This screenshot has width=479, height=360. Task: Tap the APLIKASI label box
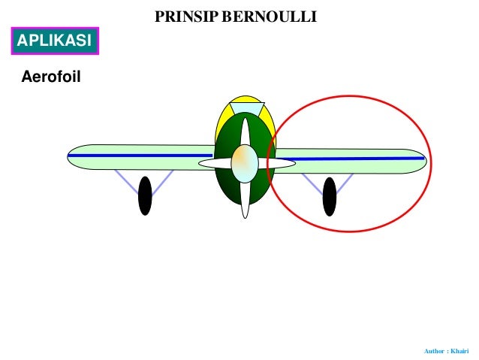[54, 41]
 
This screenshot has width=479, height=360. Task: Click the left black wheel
[145, 195]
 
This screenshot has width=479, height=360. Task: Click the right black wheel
[329, 196]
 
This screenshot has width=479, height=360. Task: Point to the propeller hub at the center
[245, 163]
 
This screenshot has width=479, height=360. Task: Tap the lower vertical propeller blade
[245, 200]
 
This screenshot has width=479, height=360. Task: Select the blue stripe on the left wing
[135, 156]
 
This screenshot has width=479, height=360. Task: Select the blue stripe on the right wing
[353, 158]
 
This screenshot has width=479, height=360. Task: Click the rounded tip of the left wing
[73, 156]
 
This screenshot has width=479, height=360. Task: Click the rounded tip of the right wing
[420, 160]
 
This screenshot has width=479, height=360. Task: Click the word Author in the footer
[435, 351]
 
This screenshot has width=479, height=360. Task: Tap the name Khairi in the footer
[459, 351]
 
